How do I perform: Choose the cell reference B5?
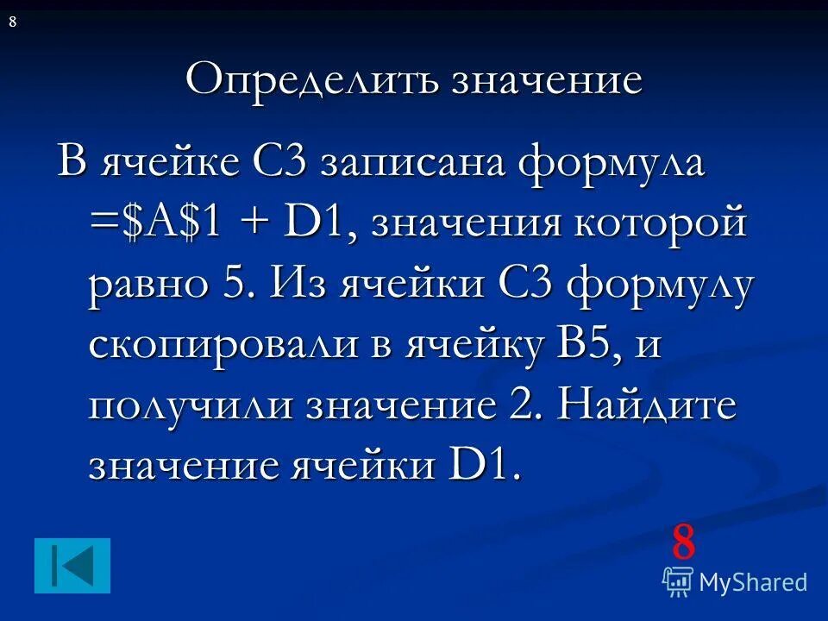pyautogui.click(x=574, y=345)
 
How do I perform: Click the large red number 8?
pyautogui.click(x=683, y=543)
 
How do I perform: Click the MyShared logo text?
pyautogui.click(x=753, y=582)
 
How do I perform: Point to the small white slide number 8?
pyautogui.click(x=12, y=22)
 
